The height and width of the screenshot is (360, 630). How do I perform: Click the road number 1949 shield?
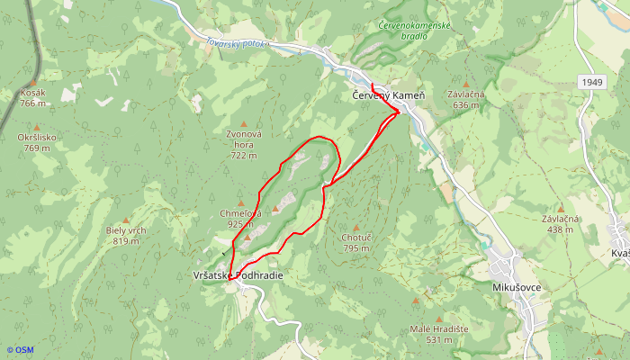tap(591, 82)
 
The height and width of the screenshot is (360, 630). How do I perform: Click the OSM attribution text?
tap(20, 350)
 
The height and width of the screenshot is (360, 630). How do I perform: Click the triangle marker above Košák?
tap(32, 83)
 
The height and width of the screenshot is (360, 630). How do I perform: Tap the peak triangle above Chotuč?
tap(356, 227)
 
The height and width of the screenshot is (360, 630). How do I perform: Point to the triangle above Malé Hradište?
tap(415, 300)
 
